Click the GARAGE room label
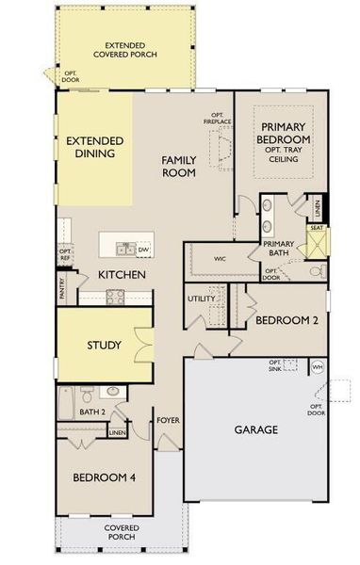(x=255, y=429)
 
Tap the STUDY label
(x=104, y=345)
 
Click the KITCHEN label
(x=122, y=275)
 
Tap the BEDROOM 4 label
(x=104, y=478)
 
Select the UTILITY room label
(x=202, y=299)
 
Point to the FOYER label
(x=168, y=420)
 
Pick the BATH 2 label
(x=91, y=412)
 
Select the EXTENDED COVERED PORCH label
(x=131, y=50)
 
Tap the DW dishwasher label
(x=144, y=250)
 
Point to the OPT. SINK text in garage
(x=275, y=365)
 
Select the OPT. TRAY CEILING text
(x=285, y=154)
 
